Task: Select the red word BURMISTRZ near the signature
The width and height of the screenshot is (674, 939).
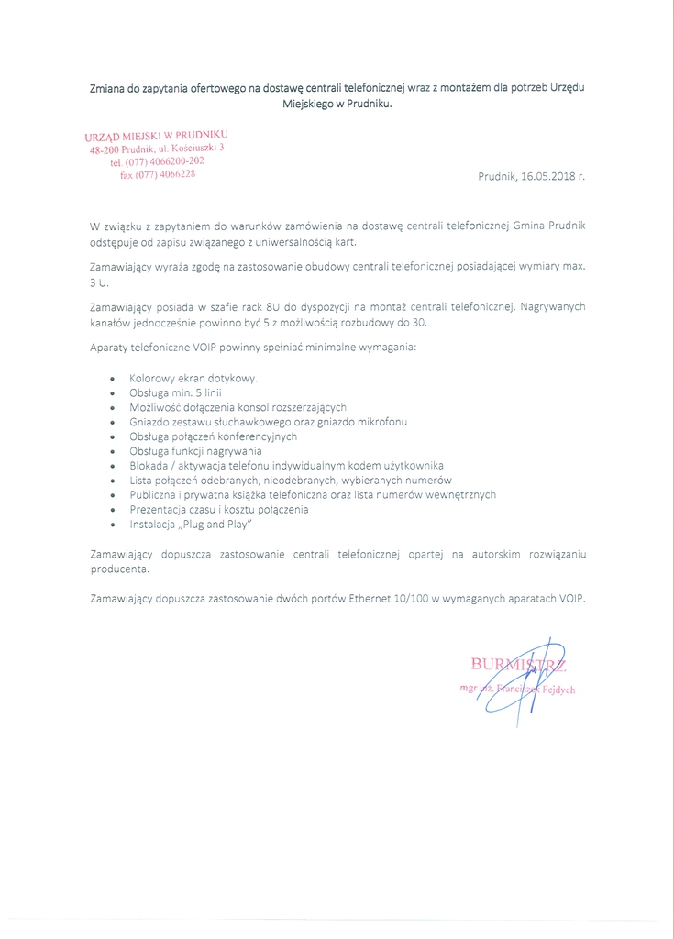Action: pos(517,664)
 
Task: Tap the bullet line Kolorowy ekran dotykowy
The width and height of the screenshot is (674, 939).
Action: pos(193,378)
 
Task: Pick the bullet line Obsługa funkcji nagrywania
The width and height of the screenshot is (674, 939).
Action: pos(196,451)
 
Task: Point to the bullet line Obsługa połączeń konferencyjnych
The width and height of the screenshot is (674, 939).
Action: pos(214,436)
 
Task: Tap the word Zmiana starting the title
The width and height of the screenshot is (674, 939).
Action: pos(108,88)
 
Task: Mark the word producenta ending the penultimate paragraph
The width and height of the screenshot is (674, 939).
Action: pos(118,569)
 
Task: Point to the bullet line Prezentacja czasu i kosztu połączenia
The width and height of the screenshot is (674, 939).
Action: pos(219,509)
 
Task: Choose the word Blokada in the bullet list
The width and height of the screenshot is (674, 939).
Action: pos(150,466)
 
